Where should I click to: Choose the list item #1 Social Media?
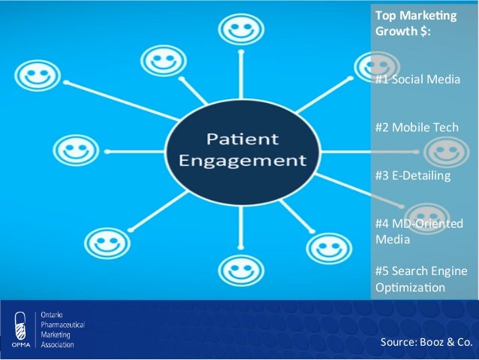pyautogui.click(x=417, y=78)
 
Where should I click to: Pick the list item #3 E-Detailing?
pyautogui.click(x=413, y=176)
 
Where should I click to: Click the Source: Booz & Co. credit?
pyautogui.click(x=426, y=342)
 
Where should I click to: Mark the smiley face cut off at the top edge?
pyautogui.click(x=239, y=29)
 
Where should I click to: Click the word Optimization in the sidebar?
pyautogui.click(x=410, y=288)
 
